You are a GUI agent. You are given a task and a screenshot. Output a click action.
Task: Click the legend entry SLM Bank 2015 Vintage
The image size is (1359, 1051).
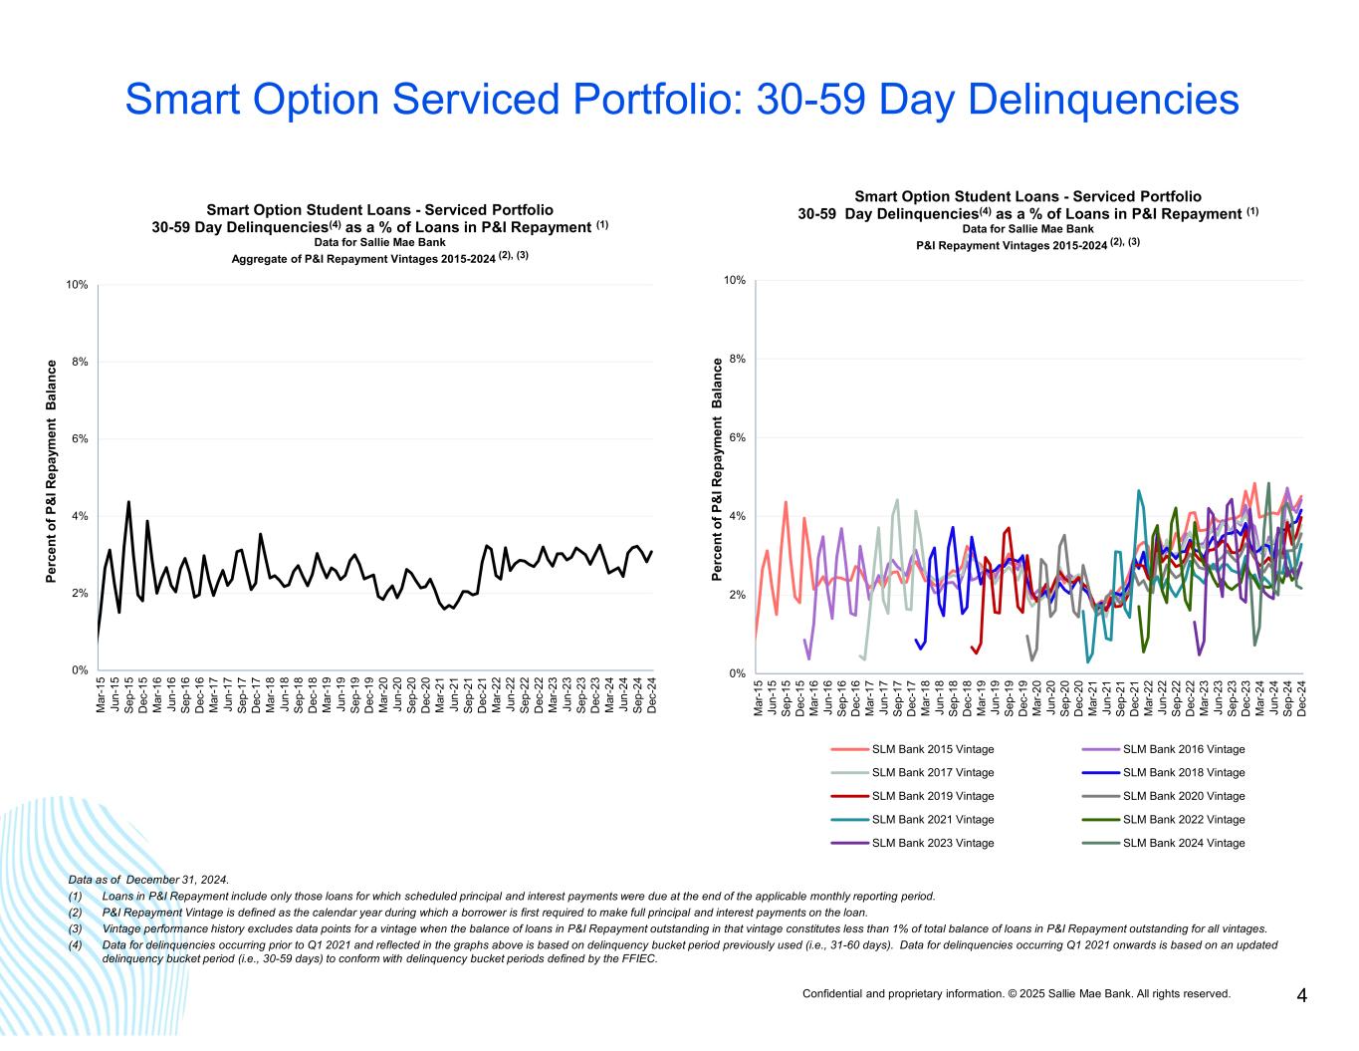pyautogui.click(x=932, y=749)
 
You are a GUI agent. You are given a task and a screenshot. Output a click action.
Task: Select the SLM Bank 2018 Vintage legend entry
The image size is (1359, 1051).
pyautogui.click(x=1183, y=772)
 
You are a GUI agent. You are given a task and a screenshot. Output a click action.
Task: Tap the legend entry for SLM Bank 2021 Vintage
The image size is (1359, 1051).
pyautogui.click(x=932, y=819)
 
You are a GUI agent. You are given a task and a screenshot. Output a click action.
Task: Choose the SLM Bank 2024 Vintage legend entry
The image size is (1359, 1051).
pyautogui.click(x=1183, y=843)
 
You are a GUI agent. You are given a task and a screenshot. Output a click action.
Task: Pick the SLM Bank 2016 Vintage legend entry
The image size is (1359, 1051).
pyautogui.click(x=1183, y=749)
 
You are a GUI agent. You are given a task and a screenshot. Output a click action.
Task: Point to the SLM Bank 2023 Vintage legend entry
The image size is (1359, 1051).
pyautogui.click(x=932, y=843)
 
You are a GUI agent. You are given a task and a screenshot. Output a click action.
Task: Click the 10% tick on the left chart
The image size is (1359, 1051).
pyautogui.click(x=78, y=285)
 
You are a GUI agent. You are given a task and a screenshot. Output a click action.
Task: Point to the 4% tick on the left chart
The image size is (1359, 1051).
pyautogui.click(x=81, y=516)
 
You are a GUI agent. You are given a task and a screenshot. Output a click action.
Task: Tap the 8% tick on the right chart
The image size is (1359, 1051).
pyautogui.click(x=738, y=359)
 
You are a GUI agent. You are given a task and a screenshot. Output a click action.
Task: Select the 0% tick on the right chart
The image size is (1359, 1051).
pyautogui.click(x=738, y=673)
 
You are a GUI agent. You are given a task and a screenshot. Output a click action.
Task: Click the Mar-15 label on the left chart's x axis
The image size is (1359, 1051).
pyautogui.click(x=101, y=694)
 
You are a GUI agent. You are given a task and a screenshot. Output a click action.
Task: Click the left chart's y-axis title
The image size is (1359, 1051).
pyautogui.click(x=52, y=471)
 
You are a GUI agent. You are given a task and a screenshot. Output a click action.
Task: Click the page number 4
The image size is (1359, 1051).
pyautogui.click(x=1301, y=995)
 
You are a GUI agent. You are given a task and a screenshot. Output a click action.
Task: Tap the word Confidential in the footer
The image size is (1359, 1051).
pyautogui.click(x=832, y=993)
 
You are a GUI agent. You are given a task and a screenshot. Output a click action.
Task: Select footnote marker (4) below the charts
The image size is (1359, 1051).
pyautogui.click(x=75, y=944)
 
